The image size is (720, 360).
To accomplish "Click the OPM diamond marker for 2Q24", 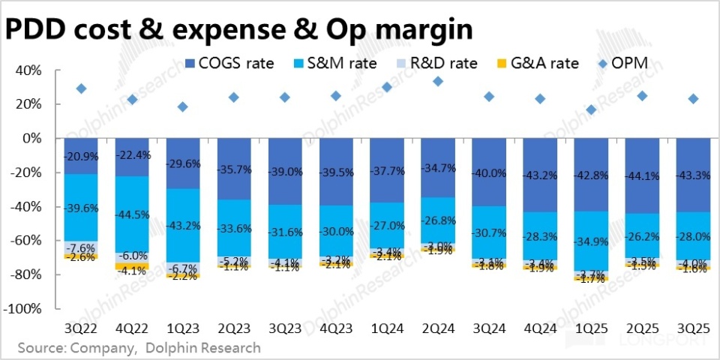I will click(438, 81).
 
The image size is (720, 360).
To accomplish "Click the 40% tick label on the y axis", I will click(38, 70).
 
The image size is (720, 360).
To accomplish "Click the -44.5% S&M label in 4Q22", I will click(132, 214).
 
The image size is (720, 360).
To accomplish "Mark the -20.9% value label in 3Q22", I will click(81, 155).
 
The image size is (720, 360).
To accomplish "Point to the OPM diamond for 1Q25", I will click(591, 109).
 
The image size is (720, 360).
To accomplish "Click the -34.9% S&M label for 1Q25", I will click(591, 241).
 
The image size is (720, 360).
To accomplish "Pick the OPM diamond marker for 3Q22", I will click(81, 88).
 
